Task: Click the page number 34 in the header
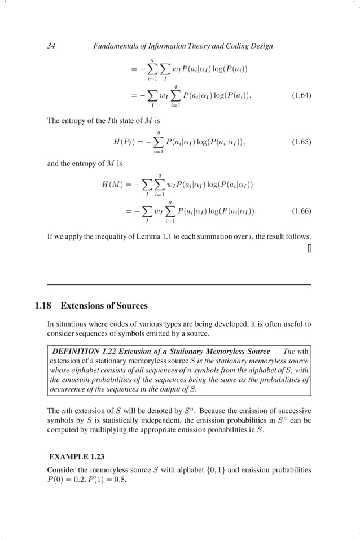click(51, 46)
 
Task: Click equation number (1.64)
click(301, 95)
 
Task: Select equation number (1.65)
click(301, 142)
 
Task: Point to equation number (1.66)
click(301, 212)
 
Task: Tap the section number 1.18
click(43, 306)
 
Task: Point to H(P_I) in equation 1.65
click(126, 142)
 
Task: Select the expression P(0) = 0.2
click(67, 480)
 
